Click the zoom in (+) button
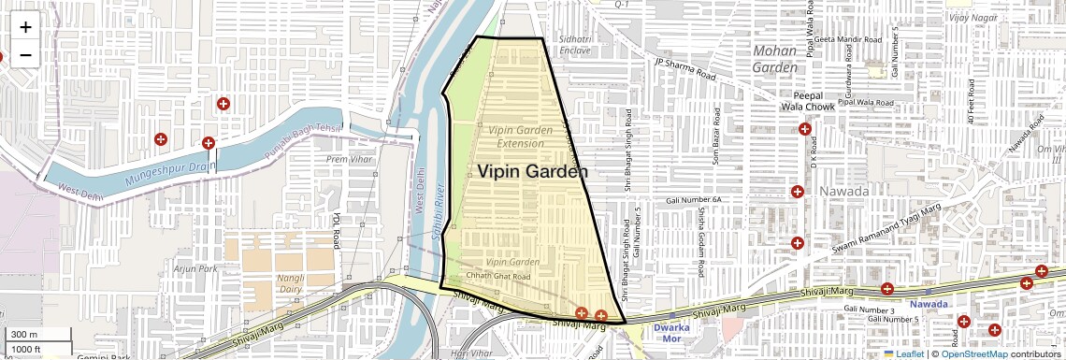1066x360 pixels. coord(25,27)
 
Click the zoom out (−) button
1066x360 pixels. coord(25,54)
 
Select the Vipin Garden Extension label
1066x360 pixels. coord(520,137)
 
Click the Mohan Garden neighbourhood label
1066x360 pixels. coord(776,58)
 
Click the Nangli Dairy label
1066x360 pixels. coord(295,284)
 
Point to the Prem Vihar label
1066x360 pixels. coord(348,159)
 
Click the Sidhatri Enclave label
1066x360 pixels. coord(576,44)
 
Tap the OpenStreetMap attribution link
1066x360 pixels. coord(975,353)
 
